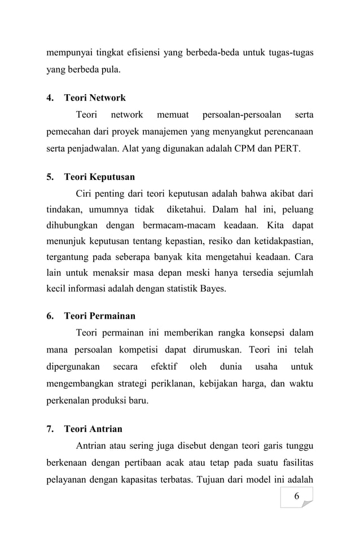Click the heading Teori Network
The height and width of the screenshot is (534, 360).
[95, 98]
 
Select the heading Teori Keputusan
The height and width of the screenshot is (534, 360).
[99, 176]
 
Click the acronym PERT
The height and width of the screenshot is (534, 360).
[288, 151]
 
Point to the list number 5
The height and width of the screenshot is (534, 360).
[49, 176]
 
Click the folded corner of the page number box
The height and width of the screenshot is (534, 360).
[308, 503]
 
